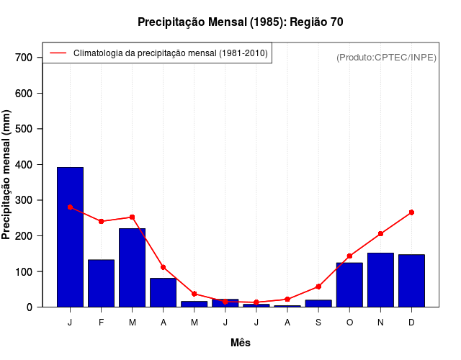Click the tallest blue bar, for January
(x=70, y=237)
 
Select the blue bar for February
(x=101, y=283)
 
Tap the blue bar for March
(x=132, y=267)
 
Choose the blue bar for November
(x=380, y=279)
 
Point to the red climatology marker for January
(x=70, y=207)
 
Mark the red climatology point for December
(x=411, y=212)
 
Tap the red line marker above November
(x=380, y=233)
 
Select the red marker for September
(x=318, y=287)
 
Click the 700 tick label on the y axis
(x=24, y=58)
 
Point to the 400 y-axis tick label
(x=24, y=165)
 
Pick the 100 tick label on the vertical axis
(x=24, y=272)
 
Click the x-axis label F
(x=101, y=323)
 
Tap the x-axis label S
(x=318, y=323)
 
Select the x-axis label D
(x=411, y=323)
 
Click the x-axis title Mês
(x=241, y=343)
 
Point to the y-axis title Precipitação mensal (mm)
(x=7, y=175)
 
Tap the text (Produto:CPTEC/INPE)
(x=386, y=58)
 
